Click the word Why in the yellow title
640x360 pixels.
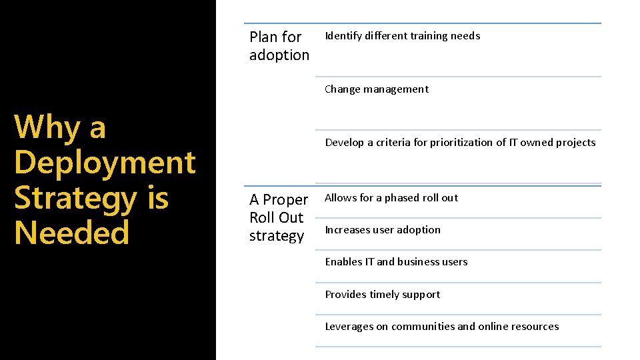[45, 127]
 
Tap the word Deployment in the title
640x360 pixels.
[105, 163]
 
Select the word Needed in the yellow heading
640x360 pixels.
[71, 233]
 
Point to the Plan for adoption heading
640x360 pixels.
[279, 46]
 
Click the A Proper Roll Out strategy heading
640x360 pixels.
[279, 217]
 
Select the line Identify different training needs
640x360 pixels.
[402, 36]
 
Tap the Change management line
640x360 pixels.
[377, 89]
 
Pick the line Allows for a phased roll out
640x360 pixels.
[391, 198]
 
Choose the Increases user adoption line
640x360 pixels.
[383, 230]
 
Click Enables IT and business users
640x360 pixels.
[396, 262]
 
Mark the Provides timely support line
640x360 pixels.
[382, 295]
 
